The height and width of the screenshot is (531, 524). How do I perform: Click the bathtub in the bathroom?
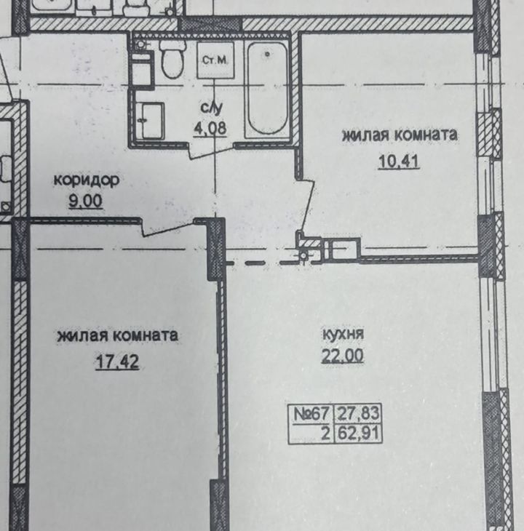coord(267,89)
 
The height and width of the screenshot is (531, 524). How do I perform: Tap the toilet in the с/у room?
coord(172,60)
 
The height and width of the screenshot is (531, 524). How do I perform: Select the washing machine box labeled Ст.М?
coord(215,60)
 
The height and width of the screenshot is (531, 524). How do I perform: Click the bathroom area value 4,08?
coord(210,129)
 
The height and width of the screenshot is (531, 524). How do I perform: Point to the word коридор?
coord(87,180)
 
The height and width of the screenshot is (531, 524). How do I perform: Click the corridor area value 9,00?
coord(85,201)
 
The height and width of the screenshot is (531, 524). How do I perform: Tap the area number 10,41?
coord(399,161)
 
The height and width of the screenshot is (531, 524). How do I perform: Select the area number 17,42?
coord(117,362)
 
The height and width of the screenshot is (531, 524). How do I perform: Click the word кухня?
coord(343,335)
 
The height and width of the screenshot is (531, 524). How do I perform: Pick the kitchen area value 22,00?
coord(343,356)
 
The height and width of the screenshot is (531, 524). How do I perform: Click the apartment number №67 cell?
coord(311,413)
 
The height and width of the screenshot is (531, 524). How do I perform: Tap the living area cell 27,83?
coord(358,413)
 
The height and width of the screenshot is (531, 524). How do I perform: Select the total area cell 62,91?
coord(358,434)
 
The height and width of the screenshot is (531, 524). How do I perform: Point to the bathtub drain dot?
coord(268,54)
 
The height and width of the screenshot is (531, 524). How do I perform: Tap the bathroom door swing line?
coord(211,153)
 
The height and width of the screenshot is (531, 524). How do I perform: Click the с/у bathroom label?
coord(212,108)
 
